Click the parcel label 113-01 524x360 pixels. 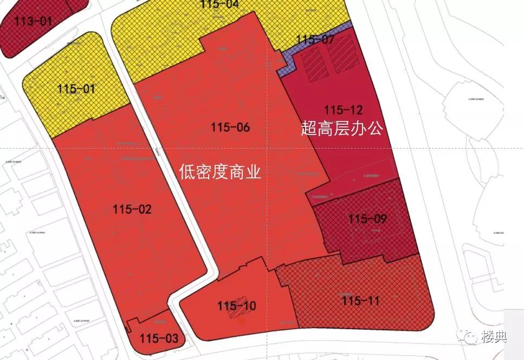tap(34, 22)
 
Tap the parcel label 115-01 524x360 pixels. tap(75, 88)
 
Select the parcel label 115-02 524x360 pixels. tap(132, 209)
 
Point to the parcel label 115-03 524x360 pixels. tap(158, 339)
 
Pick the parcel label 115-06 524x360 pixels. tap(231, 127)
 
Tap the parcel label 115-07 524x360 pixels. tap(316, 39)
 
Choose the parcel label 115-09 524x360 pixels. tap(368, 219)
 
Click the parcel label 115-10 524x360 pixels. tap(236, 306)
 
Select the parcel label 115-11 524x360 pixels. tap(361, 300)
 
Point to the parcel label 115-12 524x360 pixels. tap(344, 110)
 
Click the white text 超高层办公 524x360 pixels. tap(342, 128)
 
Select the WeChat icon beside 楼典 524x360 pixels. tap(468, 337)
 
